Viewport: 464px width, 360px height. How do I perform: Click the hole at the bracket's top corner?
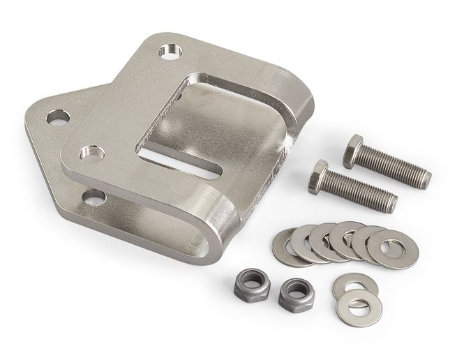168,52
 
